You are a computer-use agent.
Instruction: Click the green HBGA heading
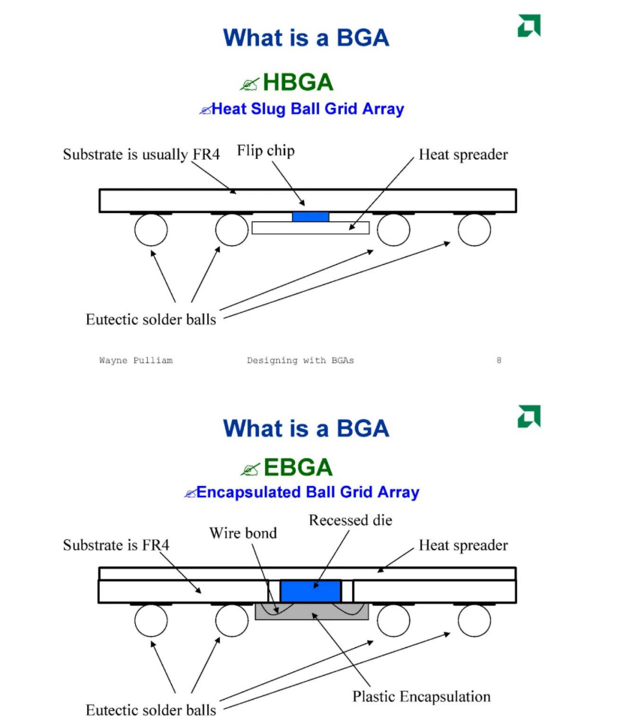[298, 82]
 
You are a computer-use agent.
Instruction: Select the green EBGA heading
[298, 467]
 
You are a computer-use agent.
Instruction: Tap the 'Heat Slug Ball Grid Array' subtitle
[308, 109]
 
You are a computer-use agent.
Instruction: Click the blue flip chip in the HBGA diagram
[310, 217]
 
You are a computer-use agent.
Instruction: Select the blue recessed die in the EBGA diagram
[311, 590]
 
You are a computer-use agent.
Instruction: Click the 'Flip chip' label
[266, 151]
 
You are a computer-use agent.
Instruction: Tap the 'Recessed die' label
[351, 520]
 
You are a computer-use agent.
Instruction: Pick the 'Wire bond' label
[242, 533]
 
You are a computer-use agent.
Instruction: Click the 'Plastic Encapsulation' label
[421, 696]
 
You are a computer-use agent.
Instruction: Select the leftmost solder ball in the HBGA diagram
[151, 229]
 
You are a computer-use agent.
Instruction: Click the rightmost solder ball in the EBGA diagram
[474, 619]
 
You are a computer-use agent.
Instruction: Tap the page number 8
[499, 361]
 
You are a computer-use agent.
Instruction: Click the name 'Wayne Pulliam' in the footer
[136, 361]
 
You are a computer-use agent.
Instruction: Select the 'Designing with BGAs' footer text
[300, 361]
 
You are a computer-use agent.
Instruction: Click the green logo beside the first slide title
[528, 25]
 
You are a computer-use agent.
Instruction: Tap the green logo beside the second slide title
[528, 416]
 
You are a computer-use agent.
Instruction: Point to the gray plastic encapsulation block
[312, 612]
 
